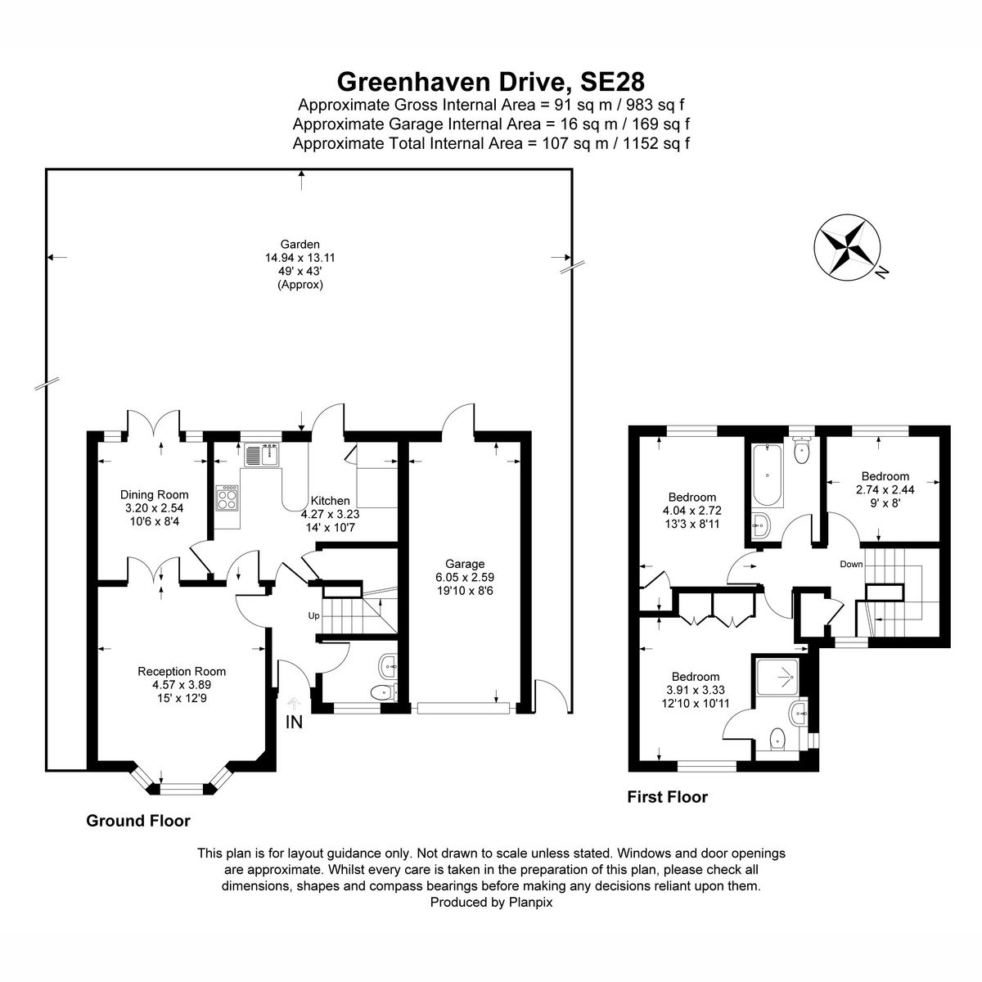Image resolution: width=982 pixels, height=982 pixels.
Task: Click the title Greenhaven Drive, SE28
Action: pyautogui.click(x=491, y=81)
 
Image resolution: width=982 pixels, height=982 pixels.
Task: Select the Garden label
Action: pyautogui.click(x=300, y=244)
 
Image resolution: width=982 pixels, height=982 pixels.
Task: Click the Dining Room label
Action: pyautogui.click(x=154, y=494)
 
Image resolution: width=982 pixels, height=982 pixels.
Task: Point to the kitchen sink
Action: pyautogui.click(x=263, y=454)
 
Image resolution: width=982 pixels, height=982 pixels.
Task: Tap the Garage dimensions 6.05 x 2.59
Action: pyautogui.click(x=465, y=576)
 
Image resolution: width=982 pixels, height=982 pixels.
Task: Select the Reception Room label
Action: pyautogui.click(x=182, y=671)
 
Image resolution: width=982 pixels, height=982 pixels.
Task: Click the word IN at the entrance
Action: pyautogui.click(x=294, y=722)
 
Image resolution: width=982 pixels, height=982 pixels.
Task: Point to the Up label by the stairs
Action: pyautogui.click(x=313, y=615)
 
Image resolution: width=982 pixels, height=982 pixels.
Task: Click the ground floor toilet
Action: pyautogui.click(x=381, y=692)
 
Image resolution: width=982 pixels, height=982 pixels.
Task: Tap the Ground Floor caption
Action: pyautogui.click(x=138, y=821)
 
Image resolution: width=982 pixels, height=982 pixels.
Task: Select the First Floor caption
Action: pyautogui.click(x=667, y=796)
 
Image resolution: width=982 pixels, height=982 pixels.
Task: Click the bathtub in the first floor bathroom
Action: pyautogui.click(x=767, y=475)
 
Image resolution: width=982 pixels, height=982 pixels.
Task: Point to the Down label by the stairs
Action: pyautogui.click(x=850, y=565)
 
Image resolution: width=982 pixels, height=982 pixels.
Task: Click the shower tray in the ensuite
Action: pyautogui.click(x=777, y=676)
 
